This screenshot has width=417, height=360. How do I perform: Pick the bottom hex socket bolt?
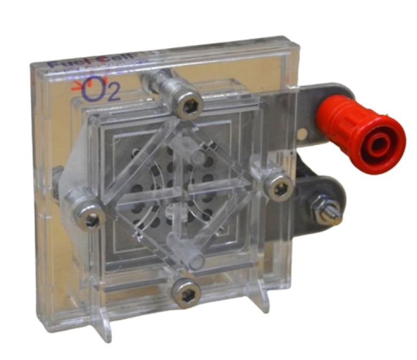(x=188, y=292)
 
